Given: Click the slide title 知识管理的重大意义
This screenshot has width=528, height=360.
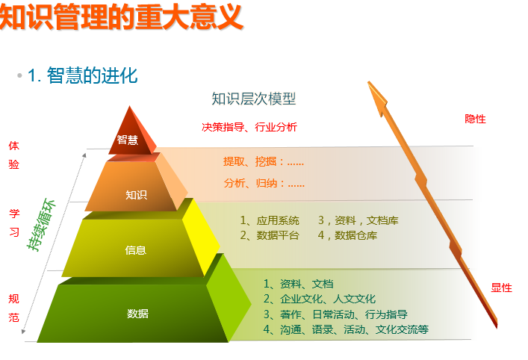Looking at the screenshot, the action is [x=121, y=16].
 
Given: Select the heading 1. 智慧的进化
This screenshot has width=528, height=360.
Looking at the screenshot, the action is [x=83, y=75].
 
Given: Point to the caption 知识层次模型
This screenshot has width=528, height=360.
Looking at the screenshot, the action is [x=254, y=99].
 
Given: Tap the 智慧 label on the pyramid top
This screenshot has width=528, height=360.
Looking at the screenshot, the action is [x=127, y=140].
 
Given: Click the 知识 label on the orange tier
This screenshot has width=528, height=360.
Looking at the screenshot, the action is [x=136, y=195].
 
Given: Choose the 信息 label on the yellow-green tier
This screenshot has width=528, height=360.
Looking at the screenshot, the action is [x=135, y=250].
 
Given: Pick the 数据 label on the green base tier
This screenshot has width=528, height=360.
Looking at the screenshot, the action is [x=137, y=314].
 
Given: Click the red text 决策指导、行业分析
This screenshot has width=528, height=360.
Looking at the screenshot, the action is [x=249, y=127].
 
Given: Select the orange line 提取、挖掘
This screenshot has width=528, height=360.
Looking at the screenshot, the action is [x=264, y=161].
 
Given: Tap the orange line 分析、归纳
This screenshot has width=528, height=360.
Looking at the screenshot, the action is [x=264, y=183].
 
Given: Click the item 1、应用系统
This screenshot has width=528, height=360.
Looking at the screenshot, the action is [x=270, y=220].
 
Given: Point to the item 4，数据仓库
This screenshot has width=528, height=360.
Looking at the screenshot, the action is [x=347, y=235].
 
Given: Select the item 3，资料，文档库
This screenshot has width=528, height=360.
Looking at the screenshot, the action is [x=358, y=220].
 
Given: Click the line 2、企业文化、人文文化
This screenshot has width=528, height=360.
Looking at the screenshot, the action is [x=319, y=299].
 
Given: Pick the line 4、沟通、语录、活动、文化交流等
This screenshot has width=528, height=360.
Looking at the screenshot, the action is [x=346, y=329].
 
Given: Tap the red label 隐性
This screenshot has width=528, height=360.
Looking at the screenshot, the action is [x=475, y=119].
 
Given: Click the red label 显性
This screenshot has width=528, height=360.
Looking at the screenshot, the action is [x=501, y=288].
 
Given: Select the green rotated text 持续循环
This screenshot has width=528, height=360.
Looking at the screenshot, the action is [x=41, y=225].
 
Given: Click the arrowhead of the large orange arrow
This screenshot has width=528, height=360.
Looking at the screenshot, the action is [x=376, y=96].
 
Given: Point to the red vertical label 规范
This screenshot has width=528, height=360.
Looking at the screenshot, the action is [x=13, y=308].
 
